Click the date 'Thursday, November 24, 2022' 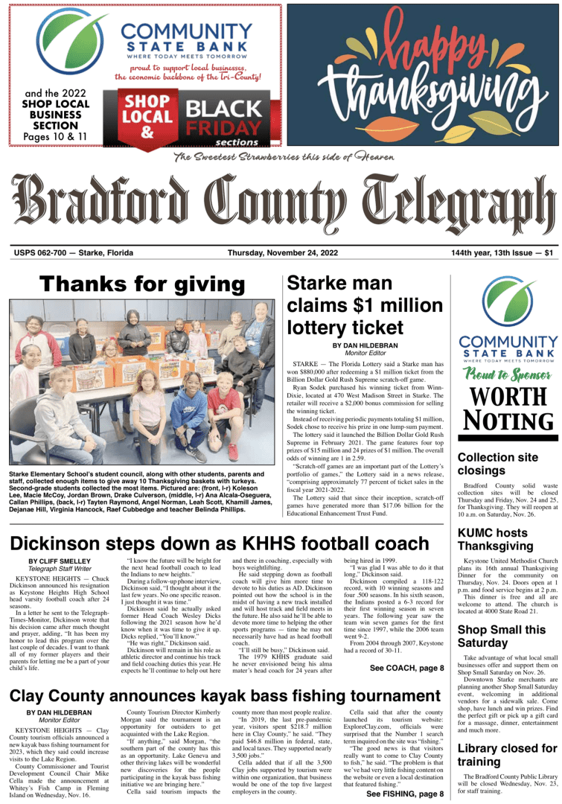[x=283, y=252]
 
